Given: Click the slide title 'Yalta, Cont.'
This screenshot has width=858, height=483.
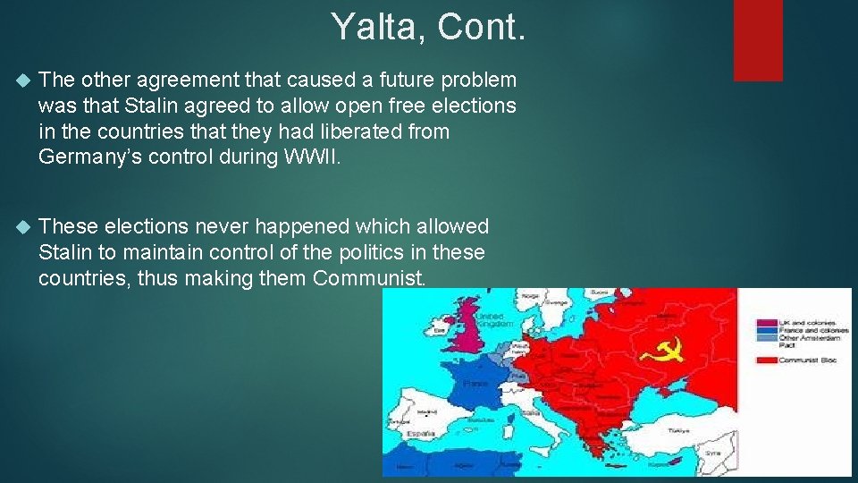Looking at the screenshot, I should click(429, 27).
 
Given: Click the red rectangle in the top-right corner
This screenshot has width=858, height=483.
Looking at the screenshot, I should click(758, 39).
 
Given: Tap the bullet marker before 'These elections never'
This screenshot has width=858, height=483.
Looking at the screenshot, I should click(23, 227).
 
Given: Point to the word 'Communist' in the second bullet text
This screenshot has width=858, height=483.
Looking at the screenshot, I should click(366, 278).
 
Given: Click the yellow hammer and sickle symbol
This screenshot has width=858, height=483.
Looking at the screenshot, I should click(662, 348).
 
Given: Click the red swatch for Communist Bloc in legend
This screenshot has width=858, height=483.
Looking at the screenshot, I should click(765, 360).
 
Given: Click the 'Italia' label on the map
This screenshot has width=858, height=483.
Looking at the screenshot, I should click(531, 413).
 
